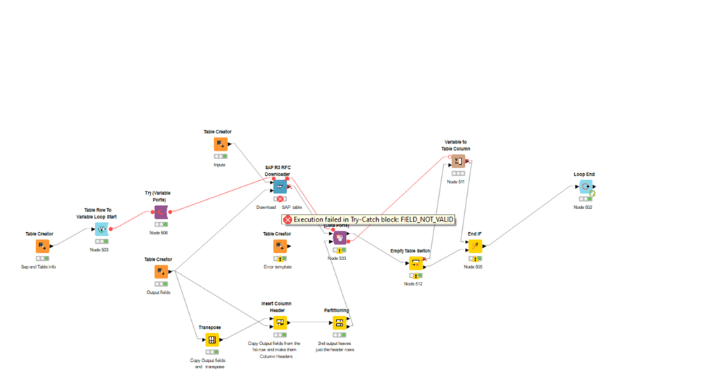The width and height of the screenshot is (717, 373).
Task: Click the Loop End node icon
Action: coord(585,187)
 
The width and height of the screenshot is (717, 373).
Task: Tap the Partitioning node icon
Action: coord(338,323)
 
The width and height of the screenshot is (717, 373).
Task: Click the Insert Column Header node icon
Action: coord(279,323)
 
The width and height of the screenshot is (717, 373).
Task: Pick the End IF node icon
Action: coord(475,246)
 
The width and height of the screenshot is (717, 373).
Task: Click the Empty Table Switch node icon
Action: coord(415,264)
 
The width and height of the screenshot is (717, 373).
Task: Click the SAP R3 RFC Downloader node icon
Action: coord(280,186)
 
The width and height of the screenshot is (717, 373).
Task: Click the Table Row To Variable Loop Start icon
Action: coord(100,229)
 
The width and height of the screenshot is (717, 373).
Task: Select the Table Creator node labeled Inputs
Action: coord(221,144)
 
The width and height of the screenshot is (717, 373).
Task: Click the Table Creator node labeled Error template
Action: coord(279,246)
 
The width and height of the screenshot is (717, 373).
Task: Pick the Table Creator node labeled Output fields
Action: coord(161,272)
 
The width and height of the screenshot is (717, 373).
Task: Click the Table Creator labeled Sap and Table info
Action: coord(42,246)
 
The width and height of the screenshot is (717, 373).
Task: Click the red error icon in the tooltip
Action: coord(287,219)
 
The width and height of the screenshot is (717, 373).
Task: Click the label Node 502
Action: coord(583,207)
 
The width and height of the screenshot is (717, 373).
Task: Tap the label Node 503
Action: coord(99,250)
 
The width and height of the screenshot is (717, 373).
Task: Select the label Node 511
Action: coord(456,182)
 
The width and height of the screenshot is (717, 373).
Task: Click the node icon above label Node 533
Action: coord(340,238)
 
